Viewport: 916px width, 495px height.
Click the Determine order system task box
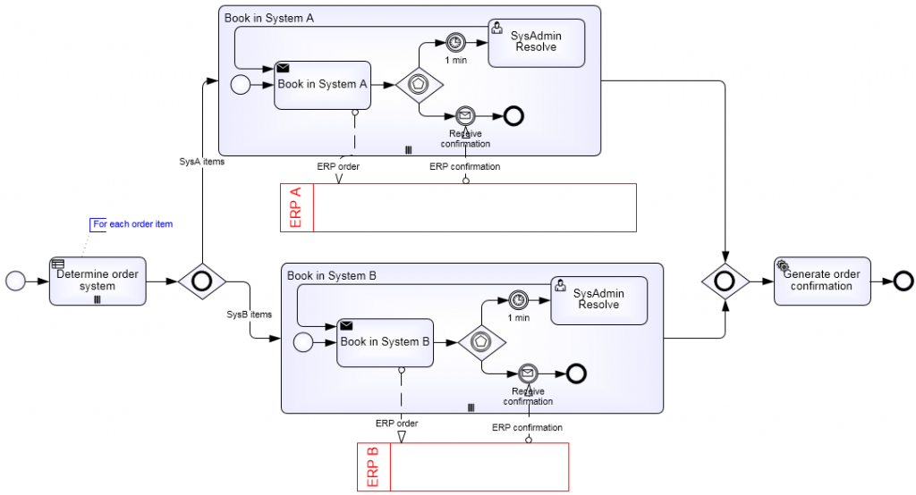pos(98,281)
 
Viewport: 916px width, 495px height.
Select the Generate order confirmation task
pos(821,281)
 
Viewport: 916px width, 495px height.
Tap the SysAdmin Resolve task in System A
pos(536,42)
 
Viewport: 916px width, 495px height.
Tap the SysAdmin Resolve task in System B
pos(598,299)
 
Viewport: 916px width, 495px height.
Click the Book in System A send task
pos(322,85)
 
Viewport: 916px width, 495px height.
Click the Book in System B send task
pos(385,342)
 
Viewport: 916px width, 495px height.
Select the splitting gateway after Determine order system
pos(202,281)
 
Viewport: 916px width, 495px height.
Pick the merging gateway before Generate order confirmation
pos(725,281)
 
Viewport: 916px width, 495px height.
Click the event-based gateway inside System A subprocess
pos(420,85)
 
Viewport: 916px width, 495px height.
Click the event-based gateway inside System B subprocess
pos(482,342)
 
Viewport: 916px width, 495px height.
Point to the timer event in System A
pos(455,42)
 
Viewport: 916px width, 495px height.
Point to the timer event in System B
pos(518,299)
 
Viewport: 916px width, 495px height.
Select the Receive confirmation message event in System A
pos(464,115)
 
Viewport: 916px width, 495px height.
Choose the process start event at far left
pos(16,281)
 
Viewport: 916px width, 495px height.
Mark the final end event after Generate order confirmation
pos(903,281)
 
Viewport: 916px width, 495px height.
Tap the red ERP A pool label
pos(297,207)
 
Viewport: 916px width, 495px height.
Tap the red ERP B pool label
pos(374,466)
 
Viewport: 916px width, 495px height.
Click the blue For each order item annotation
pos(132,224)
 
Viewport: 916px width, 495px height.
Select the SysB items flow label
pos(249,314)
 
